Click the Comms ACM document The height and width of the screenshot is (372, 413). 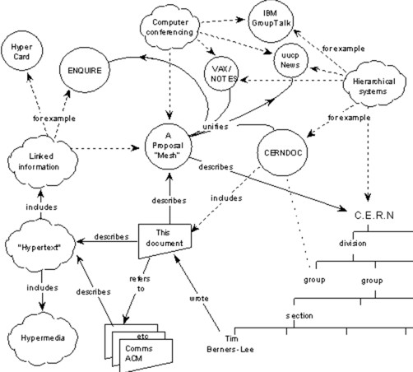point(146,354)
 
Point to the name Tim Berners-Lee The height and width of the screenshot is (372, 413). point(230,344)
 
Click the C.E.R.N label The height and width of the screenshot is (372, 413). point(374,215)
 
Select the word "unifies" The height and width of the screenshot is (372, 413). point(216,127)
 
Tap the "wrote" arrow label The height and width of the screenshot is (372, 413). point(199,298)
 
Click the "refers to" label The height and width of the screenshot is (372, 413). point(140,284)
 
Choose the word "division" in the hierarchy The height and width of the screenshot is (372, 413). point(353,243)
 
